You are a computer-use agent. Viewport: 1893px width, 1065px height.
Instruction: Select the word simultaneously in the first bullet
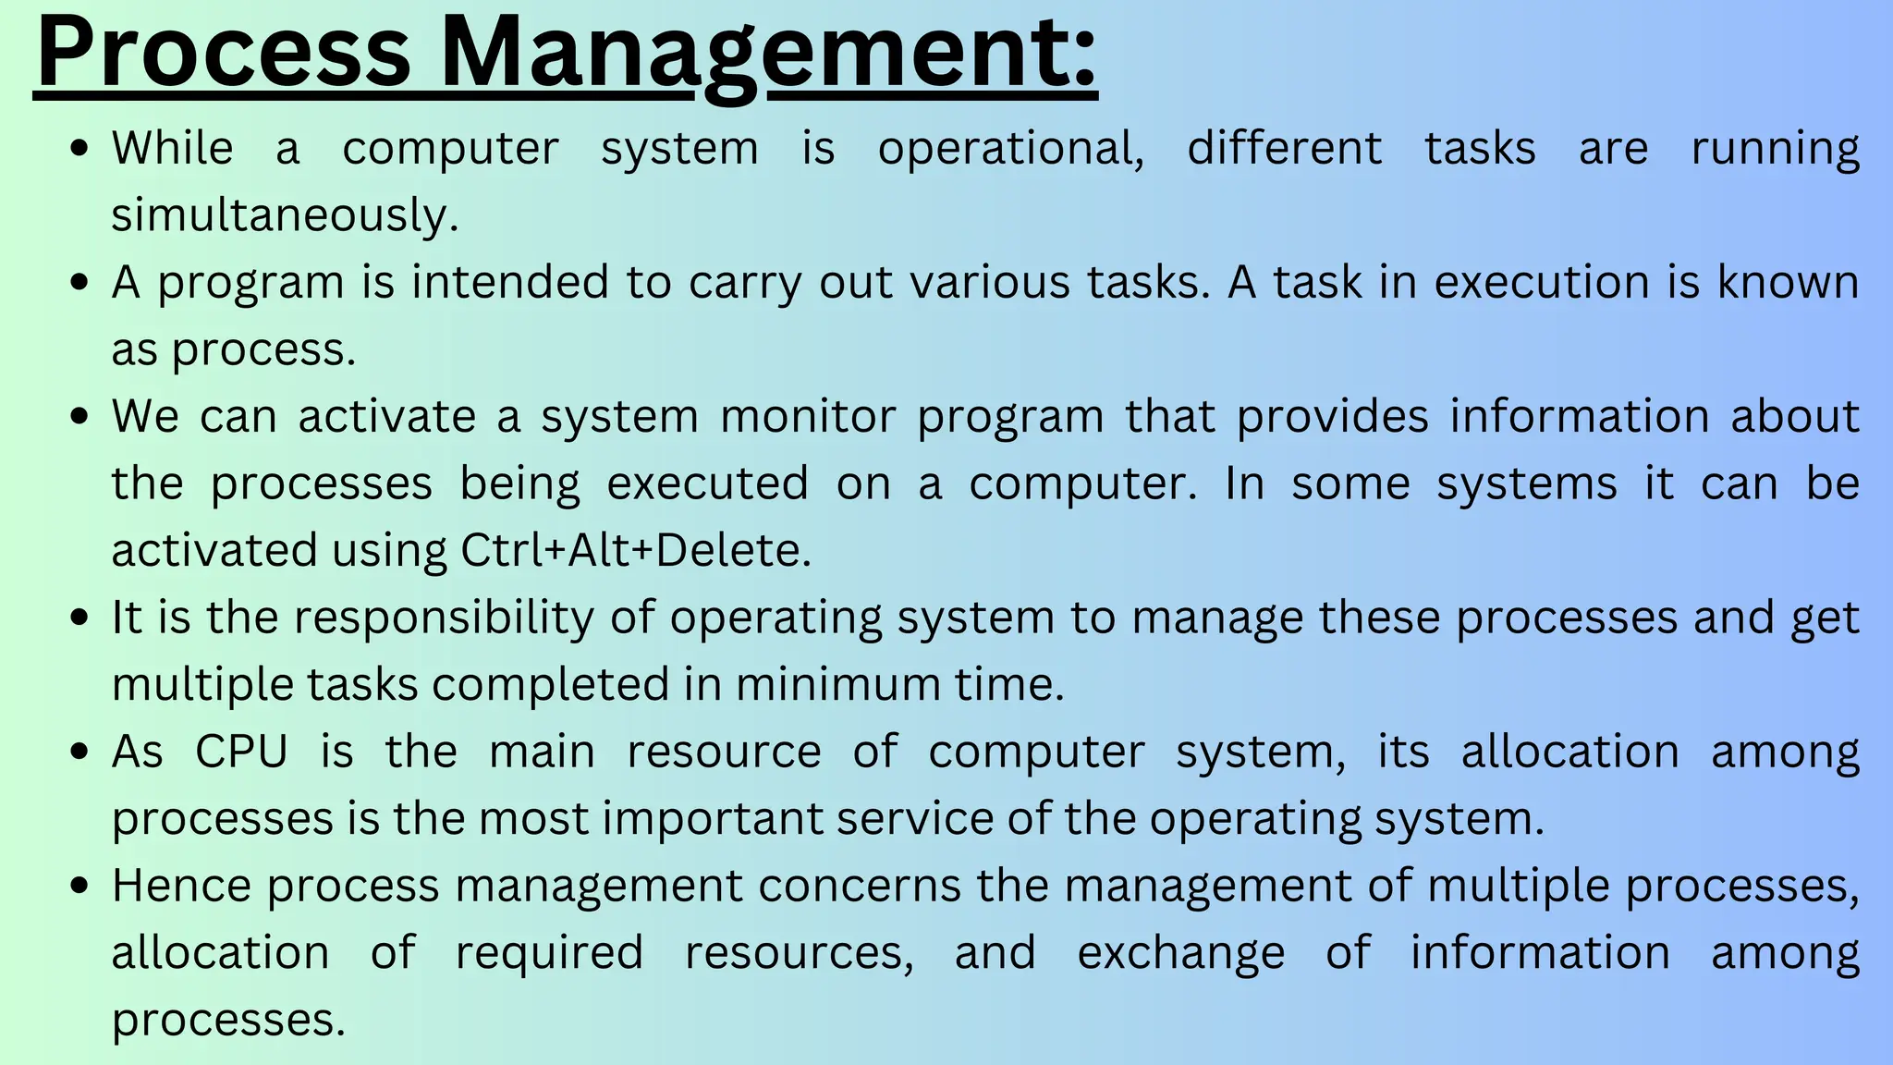tap(285, 215)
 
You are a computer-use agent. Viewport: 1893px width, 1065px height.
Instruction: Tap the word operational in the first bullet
tap(1010, 149)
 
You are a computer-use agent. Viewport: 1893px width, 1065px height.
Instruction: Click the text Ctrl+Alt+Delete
tap(636, 551)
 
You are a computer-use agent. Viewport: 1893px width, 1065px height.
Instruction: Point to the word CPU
tap(241, 752)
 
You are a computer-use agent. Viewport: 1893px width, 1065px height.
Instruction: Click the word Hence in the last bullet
tap(181, 886)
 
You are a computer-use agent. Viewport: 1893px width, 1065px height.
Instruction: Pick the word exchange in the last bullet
tap(1180, 953)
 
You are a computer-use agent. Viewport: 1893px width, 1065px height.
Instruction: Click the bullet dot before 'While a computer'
tap(80, 149)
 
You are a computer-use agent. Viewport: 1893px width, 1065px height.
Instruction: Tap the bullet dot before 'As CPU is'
tap(80, 752)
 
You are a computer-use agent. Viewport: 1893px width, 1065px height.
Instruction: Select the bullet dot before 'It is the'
tap(80, 618)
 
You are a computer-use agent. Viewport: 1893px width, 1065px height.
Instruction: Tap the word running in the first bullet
tap(1775, 149)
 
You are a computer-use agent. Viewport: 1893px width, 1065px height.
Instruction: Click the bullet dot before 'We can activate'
tap(80, 417)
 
